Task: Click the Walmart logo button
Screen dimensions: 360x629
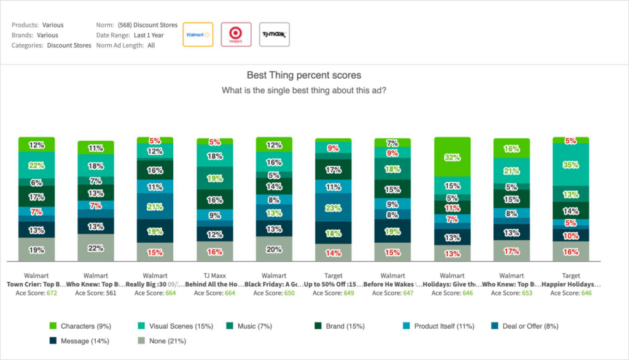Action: (198, 34)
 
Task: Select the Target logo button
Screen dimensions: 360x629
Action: (236, 34)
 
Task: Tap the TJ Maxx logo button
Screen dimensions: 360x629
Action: (274, 34)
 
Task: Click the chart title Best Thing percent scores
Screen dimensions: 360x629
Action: (304, 76)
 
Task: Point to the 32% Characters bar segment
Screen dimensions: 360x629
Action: (452, 157)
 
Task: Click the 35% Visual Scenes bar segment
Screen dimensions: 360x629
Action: (571, 165)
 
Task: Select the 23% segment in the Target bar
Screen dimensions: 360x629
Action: (333, 208)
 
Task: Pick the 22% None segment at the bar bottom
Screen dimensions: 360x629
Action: (96, 248)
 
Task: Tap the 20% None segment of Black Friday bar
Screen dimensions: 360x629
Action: (274, 249)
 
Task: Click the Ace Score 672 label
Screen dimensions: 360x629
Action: (37, 294)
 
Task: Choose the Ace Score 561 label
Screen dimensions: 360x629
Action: (96, 294)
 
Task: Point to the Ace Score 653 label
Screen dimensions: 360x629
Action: (512, 294)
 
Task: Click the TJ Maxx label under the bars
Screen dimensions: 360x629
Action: (214, 276)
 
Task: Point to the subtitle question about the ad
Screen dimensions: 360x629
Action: (304, 90)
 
